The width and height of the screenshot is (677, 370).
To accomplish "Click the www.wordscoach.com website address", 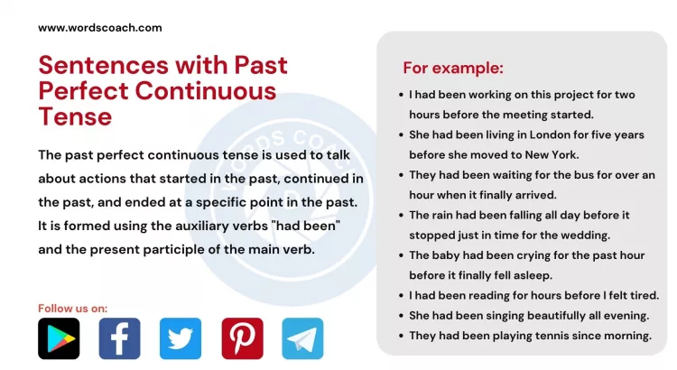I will pos(100,27).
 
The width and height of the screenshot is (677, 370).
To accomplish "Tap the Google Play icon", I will pos(59,338).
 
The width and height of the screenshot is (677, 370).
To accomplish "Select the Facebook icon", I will pos(119,338).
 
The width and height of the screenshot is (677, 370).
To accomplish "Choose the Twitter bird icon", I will pos(181,338).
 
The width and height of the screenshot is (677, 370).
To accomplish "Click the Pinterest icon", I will pos(242,338).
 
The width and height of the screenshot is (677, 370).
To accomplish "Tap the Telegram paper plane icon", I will pos(302,338).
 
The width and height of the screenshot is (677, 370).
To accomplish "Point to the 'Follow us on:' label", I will pos(72,309).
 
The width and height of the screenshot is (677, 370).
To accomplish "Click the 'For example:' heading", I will pos(453,69).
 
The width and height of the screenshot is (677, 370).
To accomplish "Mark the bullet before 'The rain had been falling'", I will pos(400,215).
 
